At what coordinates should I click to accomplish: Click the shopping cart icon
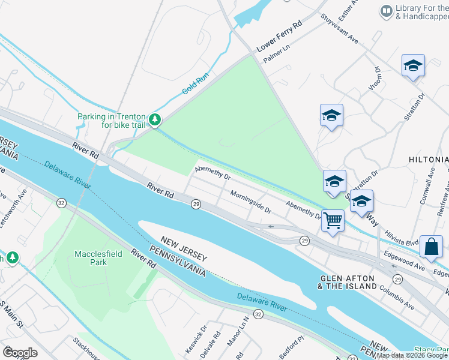click(x=333, y=220)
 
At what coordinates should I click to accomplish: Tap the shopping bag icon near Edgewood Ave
click(x=431, y=245)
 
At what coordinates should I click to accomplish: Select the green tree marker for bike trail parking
click(x=155, y=120)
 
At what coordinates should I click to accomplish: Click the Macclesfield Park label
click(x=98, y=258)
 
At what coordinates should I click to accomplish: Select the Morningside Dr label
click(x=251, y=202)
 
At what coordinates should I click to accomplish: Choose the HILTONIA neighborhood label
click(x=428, y=160)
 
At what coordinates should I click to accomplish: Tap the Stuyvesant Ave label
click(x=339, y=29)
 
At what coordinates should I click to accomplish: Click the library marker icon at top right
click(x=386, y=11)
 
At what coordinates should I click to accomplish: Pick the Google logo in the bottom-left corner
click(x=20, y=352)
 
